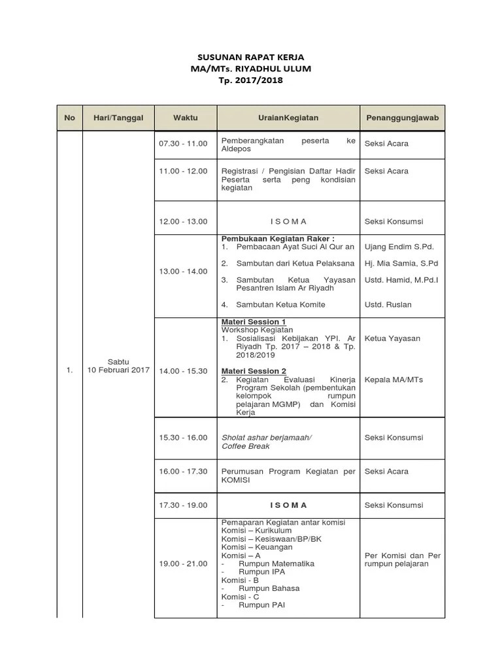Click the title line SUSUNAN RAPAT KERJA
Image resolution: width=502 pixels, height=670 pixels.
(x=251, y=58)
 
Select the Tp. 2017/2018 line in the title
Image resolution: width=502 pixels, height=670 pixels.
(x=251, y=80)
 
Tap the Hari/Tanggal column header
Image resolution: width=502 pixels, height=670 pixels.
(x=118, y=118)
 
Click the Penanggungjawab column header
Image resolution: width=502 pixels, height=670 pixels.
(x=402, y=118)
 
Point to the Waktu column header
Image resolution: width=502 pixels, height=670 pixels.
(x=185, y=118)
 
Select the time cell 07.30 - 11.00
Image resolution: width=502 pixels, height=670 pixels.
(x=183, y=143)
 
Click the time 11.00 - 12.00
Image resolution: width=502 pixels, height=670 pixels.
(x=183, y=171)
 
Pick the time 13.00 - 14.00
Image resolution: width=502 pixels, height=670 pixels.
(x=183, y=271)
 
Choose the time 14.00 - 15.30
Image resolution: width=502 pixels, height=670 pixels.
(x=183, y=371)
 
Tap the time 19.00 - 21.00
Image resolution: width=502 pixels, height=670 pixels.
(x=183, y=563)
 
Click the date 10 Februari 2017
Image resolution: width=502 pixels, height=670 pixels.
(x=118, y=370)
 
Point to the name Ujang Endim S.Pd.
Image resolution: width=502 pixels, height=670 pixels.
(x=399, y=247)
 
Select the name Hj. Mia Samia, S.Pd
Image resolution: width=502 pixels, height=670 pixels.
(x=401, y=263)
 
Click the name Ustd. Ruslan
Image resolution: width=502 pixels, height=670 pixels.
(x=388, y=304)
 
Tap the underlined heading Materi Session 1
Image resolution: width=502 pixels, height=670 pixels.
(x=254, y=322)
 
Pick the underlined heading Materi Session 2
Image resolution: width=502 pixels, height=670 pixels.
(x=254, y=371)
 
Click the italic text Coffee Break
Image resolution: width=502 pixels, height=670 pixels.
(x=245, y=446)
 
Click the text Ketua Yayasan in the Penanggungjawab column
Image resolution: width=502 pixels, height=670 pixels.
(x=392, y=338)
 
